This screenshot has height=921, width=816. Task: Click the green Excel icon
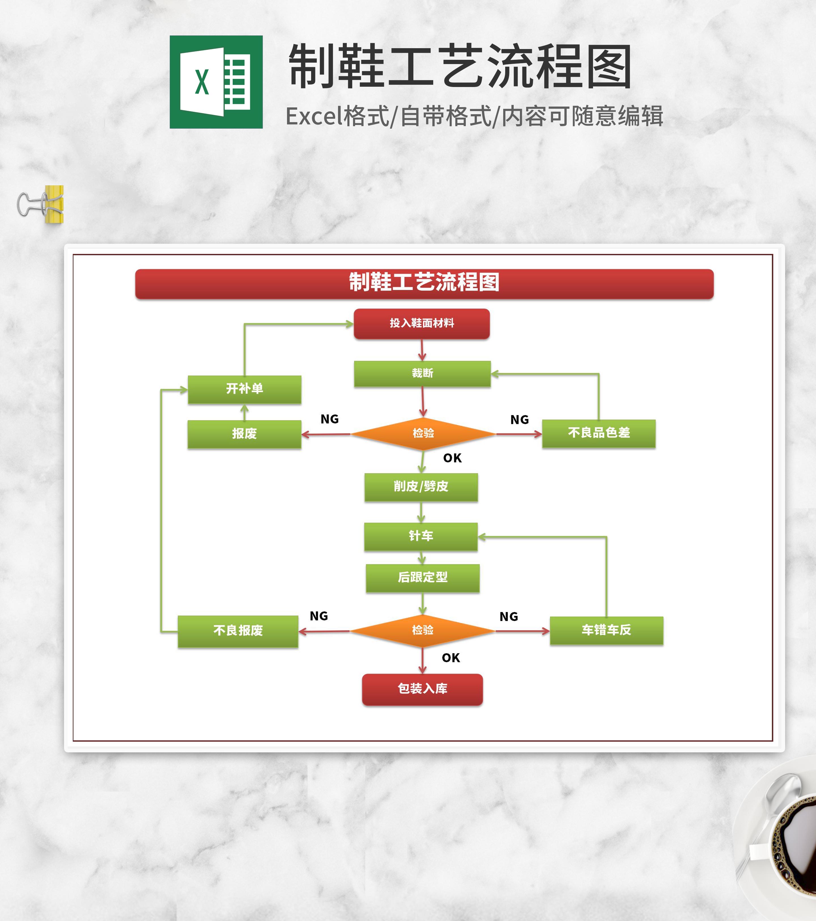pos(216,82)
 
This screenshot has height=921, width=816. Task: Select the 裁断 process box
pos(422,374)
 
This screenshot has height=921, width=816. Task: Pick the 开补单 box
pos(244,389)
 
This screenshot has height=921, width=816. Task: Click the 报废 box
pos(244,434)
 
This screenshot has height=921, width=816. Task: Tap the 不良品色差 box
pos(598,433)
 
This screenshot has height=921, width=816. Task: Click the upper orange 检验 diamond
pos(423,434)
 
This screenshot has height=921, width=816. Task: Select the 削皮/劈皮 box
pos(421,487)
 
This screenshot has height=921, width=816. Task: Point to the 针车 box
pos(421,536)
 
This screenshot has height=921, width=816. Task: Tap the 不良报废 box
pos(238,631)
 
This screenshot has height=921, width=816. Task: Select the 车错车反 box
pos(606,630)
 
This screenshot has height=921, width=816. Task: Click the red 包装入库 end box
pos(422,689)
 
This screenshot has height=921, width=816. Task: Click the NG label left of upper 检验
pos(329,419)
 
